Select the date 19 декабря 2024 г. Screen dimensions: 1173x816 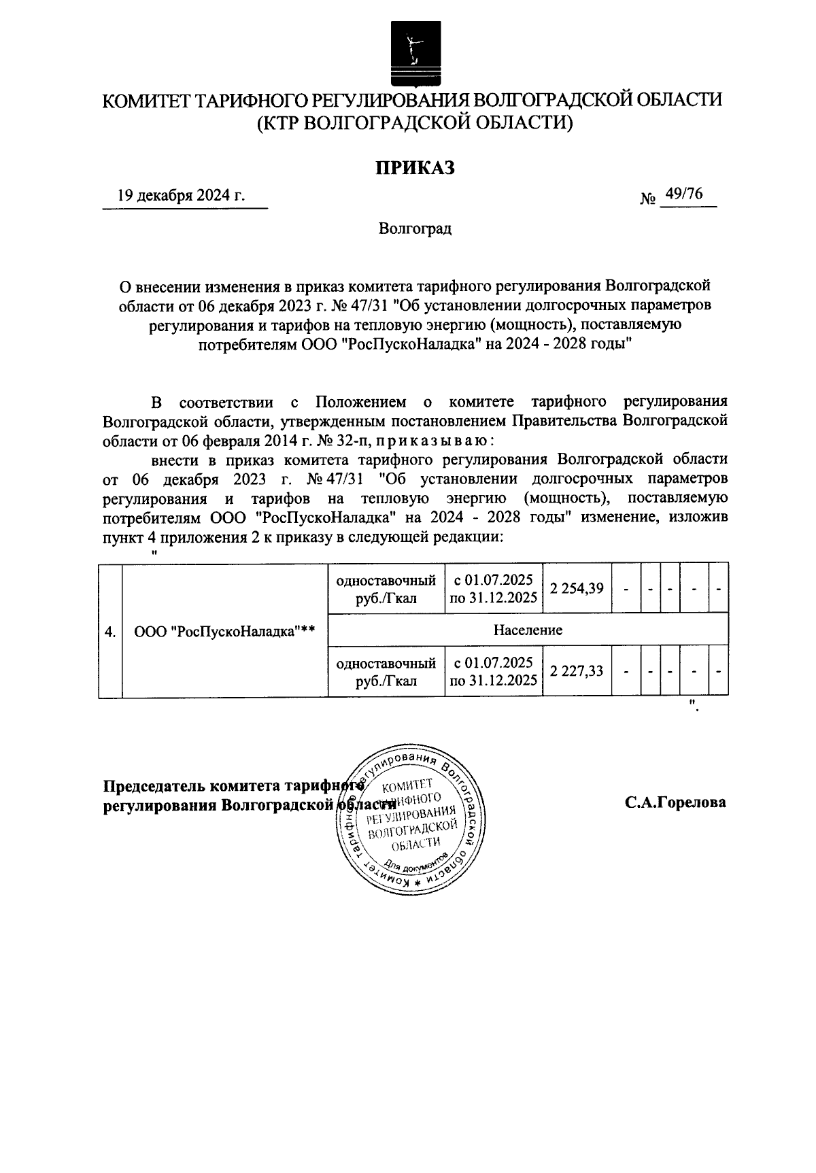[x=181, y=197]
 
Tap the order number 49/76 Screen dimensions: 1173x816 [x=684, y=194]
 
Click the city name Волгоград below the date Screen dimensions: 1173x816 [x=415, y=228]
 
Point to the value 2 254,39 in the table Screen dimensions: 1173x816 [x=577, y=588]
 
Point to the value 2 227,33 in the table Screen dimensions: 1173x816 [x=577, y=671]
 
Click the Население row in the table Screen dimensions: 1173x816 [x=528, y=630]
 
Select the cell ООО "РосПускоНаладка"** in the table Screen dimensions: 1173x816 [x=224, y=631]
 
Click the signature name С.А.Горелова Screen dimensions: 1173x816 [x=675, y=802]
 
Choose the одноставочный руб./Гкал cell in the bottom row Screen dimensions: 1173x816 [x=386, y=672]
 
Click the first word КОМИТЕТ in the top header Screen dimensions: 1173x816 [x=146, y=100]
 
